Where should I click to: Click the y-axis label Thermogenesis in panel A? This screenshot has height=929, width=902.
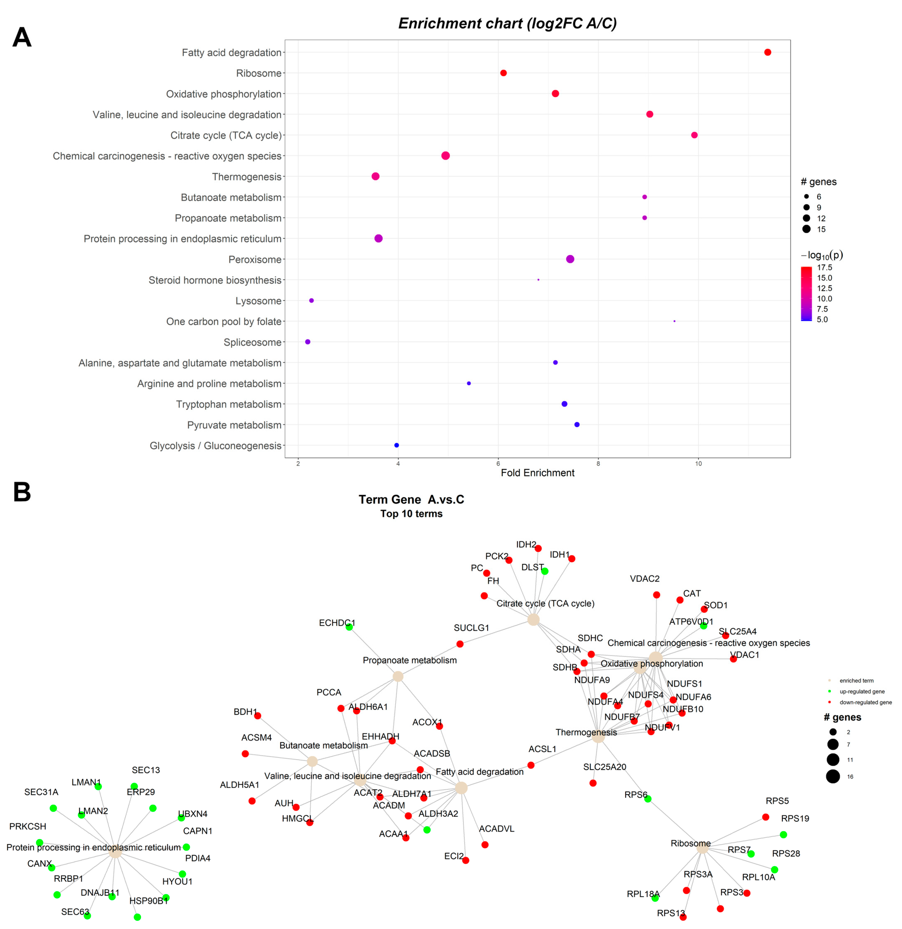pos(247,177)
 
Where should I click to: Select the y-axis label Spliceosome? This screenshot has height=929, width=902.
pos(252,342)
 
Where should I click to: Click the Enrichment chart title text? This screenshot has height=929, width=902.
pos(507,23)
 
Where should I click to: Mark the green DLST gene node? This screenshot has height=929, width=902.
pos(545,571)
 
